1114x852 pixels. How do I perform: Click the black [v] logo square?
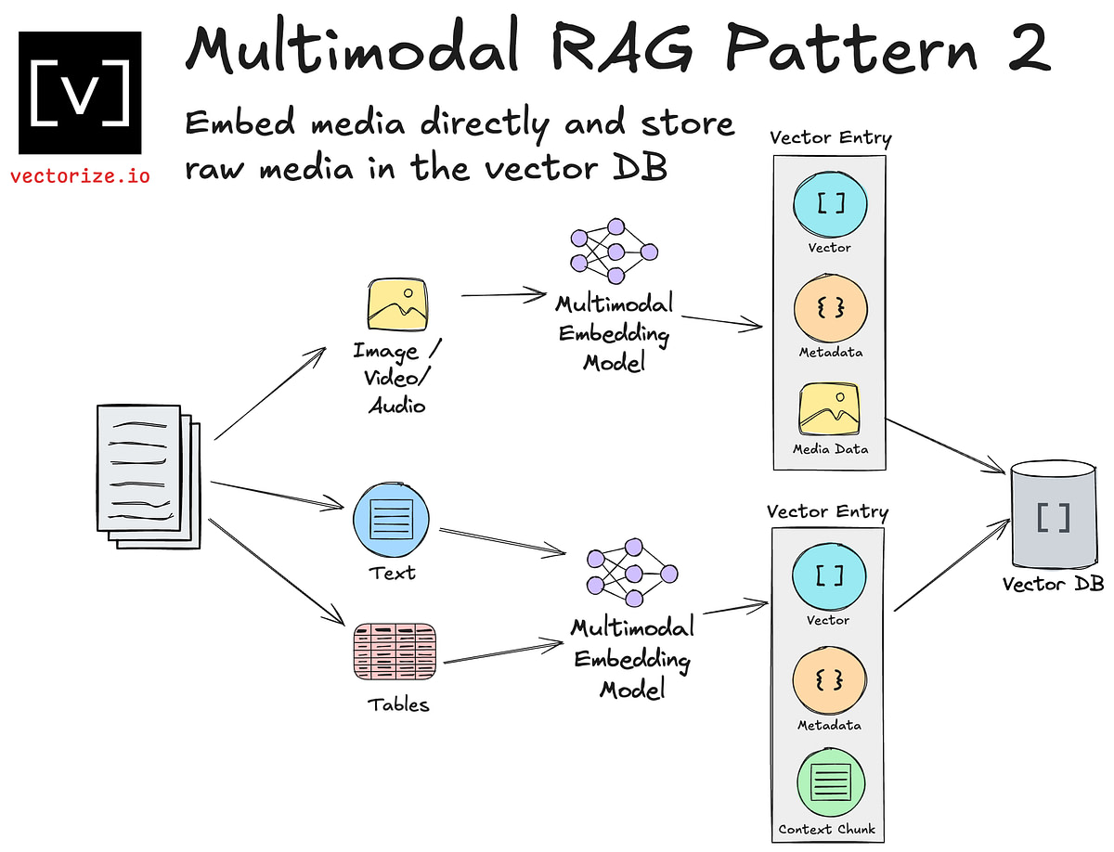point(80,92)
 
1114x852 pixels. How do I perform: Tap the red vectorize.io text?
point(80,175)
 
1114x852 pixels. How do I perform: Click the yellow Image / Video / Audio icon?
point(397,306)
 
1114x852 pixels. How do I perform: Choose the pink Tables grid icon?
point(394,651)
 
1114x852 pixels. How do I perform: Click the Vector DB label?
point(1053,585)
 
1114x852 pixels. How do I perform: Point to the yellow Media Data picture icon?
point(830,410)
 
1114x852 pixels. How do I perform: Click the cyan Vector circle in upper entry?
point(829,204)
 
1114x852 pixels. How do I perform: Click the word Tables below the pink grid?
point(398,704)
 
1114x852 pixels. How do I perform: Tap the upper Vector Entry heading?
point(830,138)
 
